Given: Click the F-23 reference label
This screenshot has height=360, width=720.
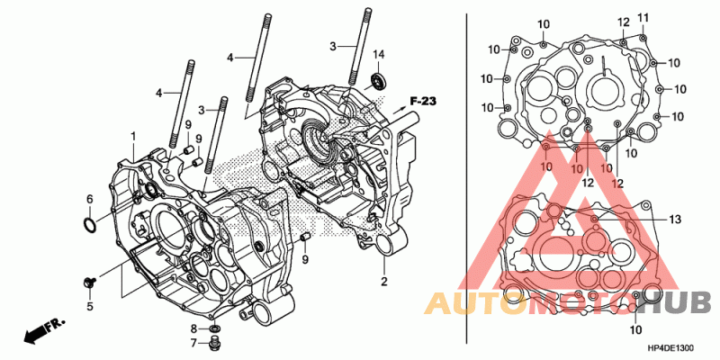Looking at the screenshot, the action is pos(422,102).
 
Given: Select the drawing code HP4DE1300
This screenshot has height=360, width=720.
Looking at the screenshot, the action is pos(670,348).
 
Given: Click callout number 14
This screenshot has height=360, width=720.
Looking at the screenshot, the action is pos(378,55).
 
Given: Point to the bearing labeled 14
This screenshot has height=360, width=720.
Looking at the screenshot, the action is pos(379,81).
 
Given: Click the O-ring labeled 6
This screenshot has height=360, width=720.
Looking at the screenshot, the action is pos(90,225).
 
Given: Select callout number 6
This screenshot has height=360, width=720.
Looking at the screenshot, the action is pos(90,199).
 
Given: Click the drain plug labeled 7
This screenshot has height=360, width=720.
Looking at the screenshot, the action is pos(213,342).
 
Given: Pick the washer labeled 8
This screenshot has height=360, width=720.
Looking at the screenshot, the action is pos(213,328).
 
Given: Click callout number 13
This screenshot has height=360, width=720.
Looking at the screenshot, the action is pos(674,220).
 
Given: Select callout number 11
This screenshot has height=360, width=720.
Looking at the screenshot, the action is pos(643,18).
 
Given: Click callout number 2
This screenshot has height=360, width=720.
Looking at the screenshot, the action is pos(384,282).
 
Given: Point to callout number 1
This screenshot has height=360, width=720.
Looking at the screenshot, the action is pos(133,137).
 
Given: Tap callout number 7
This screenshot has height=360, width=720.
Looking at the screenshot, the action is pos(193,342).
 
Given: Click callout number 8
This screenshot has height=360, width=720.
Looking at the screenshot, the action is pos(193,328).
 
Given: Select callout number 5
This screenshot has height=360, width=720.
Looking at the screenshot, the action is pos(90,306).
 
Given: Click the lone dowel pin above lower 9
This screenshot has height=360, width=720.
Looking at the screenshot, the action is pos(305,238).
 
